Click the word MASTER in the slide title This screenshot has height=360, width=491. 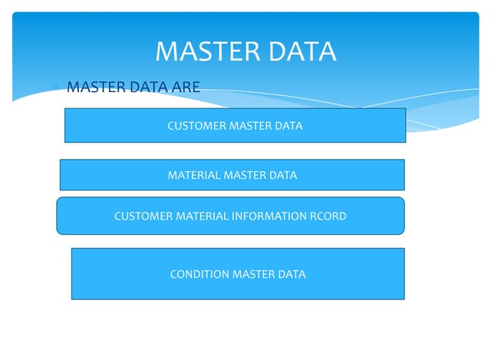(200, 51)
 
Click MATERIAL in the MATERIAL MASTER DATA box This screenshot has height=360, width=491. (193, 175)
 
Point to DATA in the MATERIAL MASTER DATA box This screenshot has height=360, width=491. (283, 175)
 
